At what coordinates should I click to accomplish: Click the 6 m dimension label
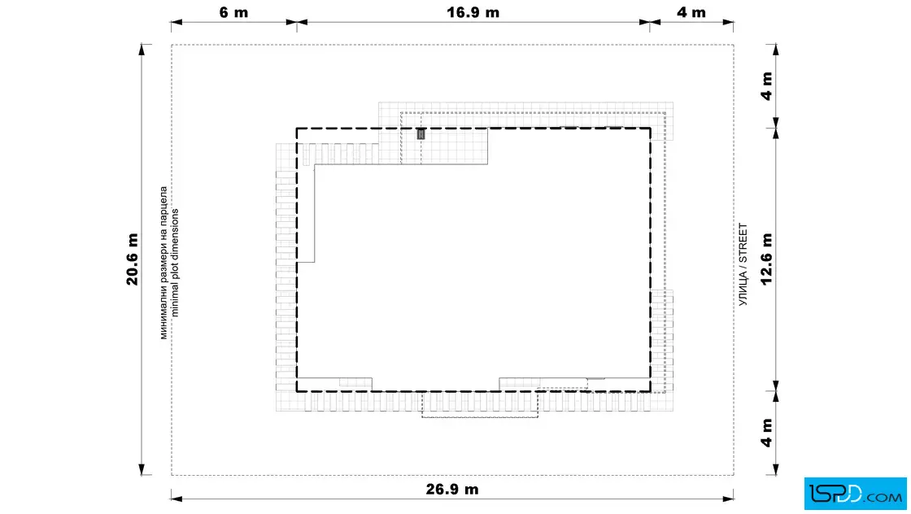(233, 12)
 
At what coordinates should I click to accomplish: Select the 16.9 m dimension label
(473, 12)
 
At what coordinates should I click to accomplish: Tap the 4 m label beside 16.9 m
(691, 12)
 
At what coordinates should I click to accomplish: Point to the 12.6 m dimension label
(767, 259)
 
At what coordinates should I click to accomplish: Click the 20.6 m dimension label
(133, 259)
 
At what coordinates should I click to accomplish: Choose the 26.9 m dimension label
(452, 489)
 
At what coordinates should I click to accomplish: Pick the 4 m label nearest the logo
(767, 433)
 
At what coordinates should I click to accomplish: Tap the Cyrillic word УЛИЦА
(743, 289)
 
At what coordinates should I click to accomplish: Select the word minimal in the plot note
(175, 300)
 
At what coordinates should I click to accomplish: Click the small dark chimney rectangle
(421, 134)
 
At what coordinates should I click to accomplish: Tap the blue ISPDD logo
(855, 494)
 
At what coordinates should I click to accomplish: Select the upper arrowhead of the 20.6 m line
(142, 50)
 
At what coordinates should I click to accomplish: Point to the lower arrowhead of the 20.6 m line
(142, 470)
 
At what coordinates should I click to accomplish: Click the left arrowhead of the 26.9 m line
(177, 499)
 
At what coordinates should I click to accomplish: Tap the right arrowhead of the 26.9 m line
(728, 499)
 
